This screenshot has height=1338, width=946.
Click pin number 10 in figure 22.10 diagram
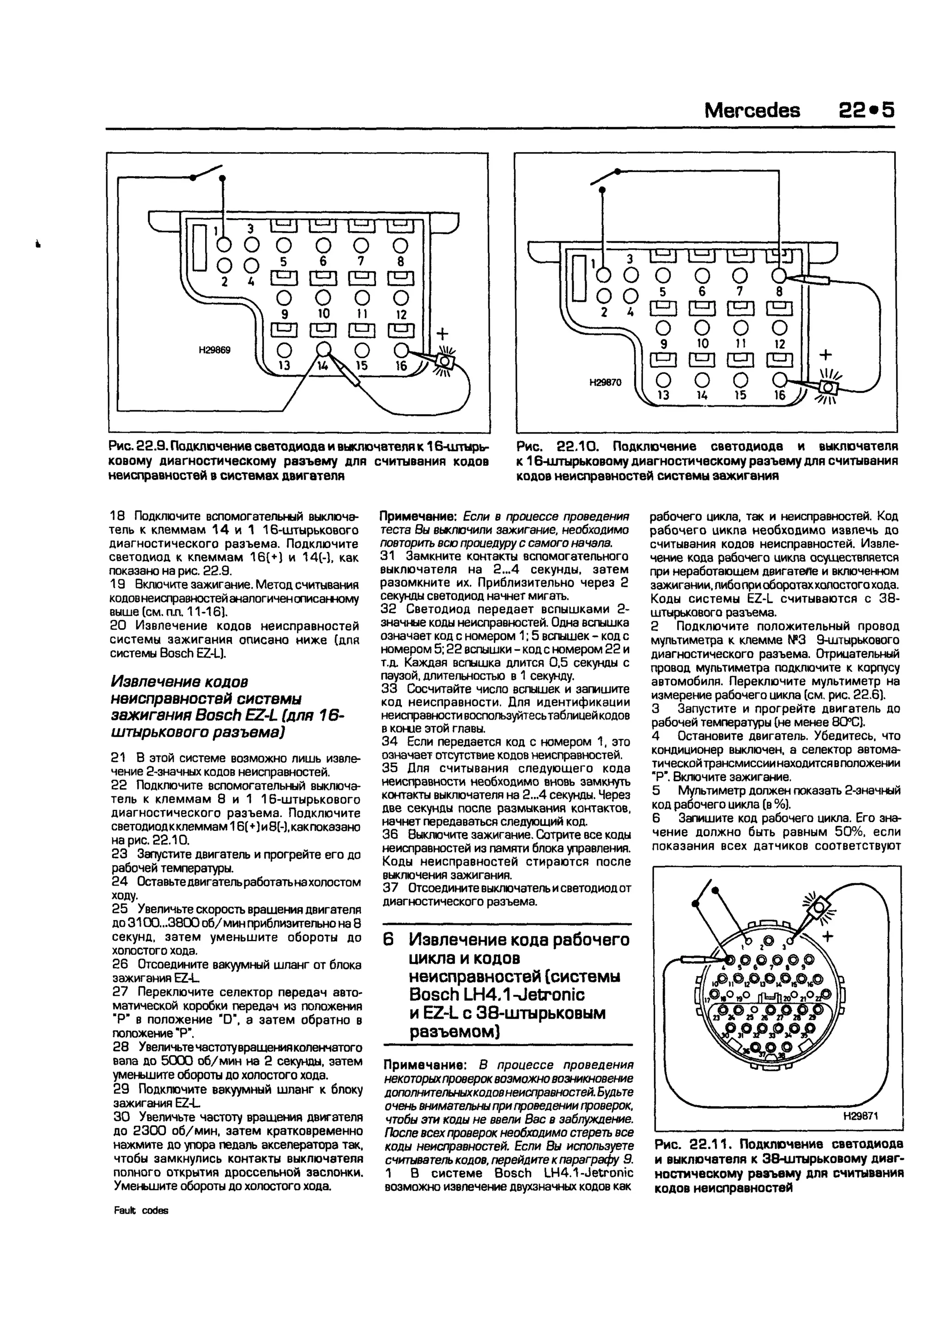point(703,344)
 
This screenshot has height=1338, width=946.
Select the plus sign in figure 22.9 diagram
point(443,333)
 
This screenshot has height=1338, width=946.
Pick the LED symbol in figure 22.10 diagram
point(828,386)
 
